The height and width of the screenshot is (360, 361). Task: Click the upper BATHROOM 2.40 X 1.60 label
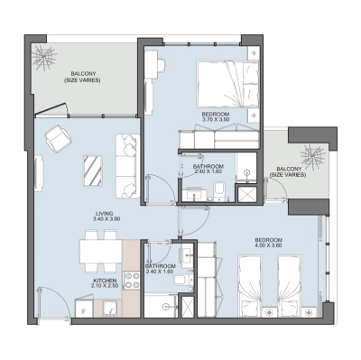pyautogui.click(x=209, y=170)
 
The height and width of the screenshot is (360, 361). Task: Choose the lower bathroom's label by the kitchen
pyautogui.click(x=161, y=270)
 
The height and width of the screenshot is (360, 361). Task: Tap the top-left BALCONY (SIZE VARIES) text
pyautogui.click(x=81, y=78)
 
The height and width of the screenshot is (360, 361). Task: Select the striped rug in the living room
pyautogui.click(x=93, y=169)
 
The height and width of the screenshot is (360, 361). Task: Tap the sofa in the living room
pyautogui.click(x=125, y=156)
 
